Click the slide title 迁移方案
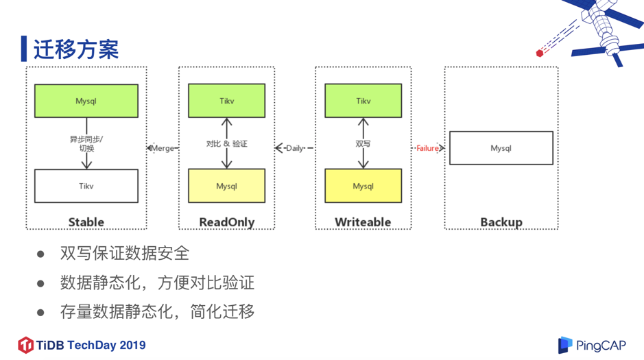(75, 49)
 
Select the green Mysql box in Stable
(86, 101)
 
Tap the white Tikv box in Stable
(86, 186)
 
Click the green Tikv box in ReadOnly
(226, 101)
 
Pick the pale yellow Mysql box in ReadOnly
(226, 186)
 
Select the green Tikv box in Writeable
(363, 101)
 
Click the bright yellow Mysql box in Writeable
(363, 186)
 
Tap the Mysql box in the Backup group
(501, 148)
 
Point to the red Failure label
(427, 148)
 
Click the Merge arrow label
(163, 148)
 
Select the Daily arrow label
(295, 148)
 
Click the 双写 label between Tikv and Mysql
(363, 144)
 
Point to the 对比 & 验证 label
(226, 144)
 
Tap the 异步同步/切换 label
(86, 144)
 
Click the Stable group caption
(86, 222)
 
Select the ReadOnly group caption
(226, 222)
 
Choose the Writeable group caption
(363, 222)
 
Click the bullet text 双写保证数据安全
(124, 253)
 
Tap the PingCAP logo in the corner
(592, 345)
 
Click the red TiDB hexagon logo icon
(25, 345)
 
